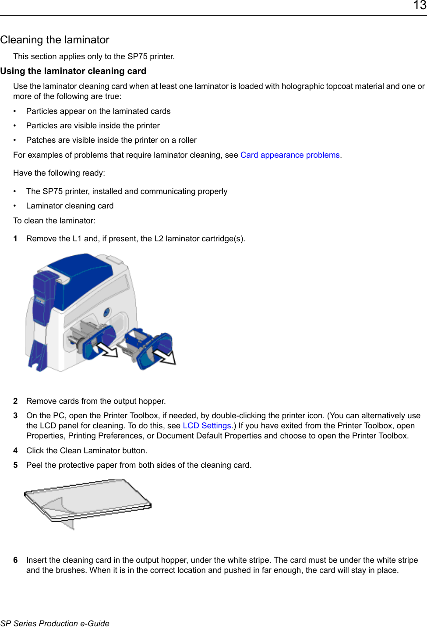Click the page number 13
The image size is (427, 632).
pos(419,6)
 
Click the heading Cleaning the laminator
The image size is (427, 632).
pos(55,40)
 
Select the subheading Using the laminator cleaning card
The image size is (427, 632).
pos(73,71)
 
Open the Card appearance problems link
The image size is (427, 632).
pos(290,155)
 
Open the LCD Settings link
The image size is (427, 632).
pos(207,426)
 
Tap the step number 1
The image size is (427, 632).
pos(15,239)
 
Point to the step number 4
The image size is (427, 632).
pos(15,451)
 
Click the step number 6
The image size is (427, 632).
pos(15,560)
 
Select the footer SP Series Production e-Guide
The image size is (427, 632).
pos(55,623)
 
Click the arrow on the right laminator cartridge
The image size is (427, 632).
pos(166,356)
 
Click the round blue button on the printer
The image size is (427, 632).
pos(106,312)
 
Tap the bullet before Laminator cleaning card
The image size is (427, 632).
pos(15,206)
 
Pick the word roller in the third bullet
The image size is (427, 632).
pos(187,140)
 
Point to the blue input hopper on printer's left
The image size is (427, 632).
pos(42,298)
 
